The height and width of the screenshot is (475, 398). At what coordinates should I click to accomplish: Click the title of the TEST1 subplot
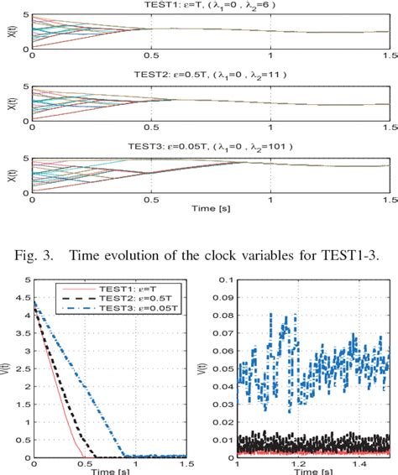click(211, 6)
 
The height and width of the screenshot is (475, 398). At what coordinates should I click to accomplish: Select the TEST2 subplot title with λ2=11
click(211, 73)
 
